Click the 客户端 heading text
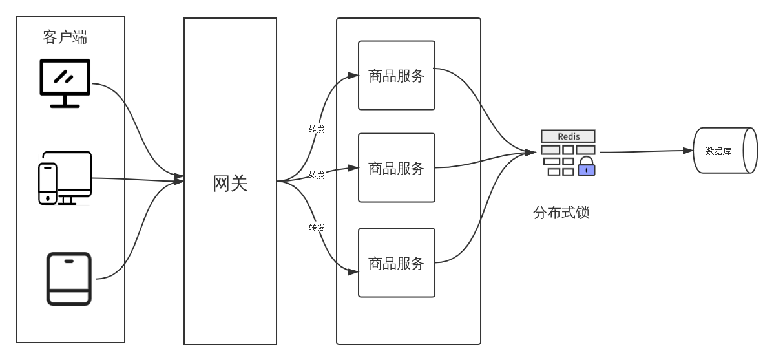tap(65, 37)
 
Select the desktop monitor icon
tap(65, 83)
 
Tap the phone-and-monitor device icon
tap(65, 178)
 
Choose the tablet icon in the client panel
tap(69, 279)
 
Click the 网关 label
tap(230, 184)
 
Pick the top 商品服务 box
tap(397, 76)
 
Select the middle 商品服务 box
tap(397, 168)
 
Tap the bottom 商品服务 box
tap(397, 262)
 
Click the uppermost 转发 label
tap(317, 129)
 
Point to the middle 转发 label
tap(317, 175)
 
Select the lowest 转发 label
tap(317, 227)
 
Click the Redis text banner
tap(568, 136)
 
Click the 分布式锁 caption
tap(561, 213)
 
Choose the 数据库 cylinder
tap(724, 151)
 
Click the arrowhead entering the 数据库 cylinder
tap(689, 151)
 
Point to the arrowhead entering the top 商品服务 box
tap(353, 76)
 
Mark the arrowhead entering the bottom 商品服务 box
tap(353, 272)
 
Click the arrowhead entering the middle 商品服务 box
tap(353, 168)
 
